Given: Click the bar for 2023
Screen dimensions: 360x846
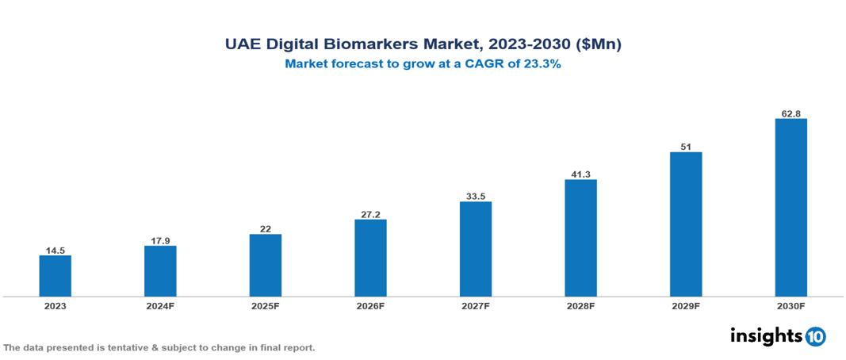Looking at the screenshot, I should coord(55,275).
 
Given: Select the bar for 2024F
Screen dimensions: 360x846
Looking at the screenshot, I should coord(160,270).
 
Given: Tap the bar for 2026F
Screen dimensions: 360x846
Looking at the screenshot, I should coord(370,258).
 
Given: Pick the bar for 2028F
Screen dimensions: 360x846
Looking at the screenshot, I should coord(580,238).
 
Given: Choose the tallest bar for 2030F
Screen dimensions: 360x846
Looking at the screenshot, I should coord(790,208).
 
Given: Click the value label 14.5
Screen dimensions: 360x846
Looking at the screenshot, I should coord(55,250).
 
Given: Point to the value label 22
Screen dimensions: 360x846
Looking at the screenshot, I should coord(265,229).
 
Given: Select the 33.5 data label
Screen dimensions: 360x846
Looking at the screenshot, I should coord(475,197).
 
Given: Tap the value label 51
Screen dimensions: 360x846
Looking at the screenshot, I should coord(686,147).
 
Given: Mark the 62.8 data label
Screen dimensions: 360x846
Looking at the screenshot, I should coord(790,113).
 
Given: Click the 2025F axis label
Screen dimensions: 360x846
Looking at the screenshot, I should coord(265,305).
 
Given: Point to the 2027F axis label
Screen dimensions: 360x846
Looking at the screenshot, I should coord(475,305).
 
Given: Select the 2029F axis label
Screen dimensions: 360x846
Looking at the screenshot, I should coord(686,305).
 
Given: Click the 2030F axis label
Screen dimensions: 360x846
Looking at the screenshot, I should coord(790,305).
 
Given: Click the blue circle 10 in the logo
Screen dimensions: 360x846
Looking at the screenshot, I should coord(815,336).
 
